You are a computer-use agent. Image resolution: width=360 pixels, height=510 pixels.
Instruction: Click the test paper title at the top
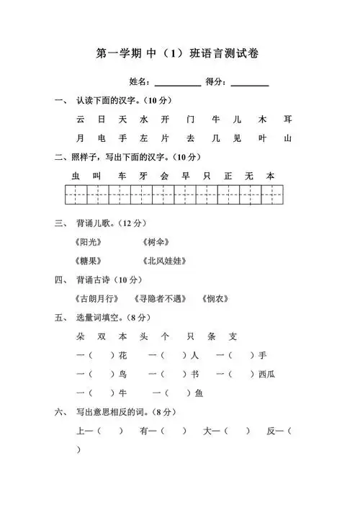179,53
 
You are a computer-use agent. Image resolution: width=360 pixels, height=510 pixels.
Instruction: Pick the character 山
288,138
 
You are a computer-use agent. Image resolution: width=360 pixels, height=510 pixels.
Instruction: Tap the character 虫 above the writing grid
76,176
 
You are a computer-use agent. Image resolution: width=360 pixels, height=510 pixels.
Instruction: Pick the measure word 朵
80,336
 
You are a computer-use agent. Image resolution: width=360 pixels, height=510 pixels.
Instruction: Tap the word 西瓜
266,374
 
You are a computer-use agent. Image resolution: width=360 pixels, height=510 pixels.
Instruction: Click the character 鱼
199,393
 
